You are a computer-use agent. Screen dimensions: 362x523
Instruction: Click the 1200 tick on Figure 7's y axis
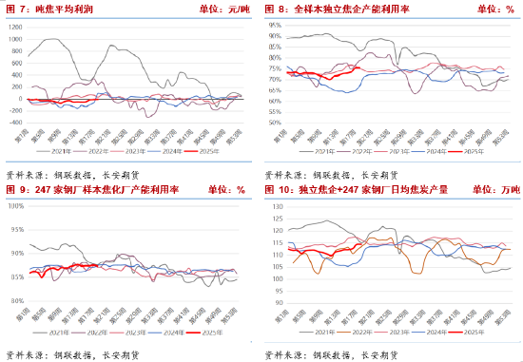pyautogui.click(x=16, y=26)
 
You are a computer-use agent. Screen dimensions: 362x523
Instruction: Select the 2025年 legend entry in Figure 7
pyautogui.click(x=222, y=150)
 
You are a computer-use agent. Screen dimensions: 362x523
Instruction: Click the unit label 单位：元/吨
pyautogui.click(x=223, y=9)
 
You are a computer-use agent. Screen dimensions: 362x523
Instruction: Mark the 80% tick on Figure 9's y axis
pyautogui.click(x=16, y=300)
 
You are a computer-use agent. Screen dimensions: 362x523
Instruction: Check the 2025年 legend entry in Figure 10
pyautogui.click(x=472, y=332)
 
